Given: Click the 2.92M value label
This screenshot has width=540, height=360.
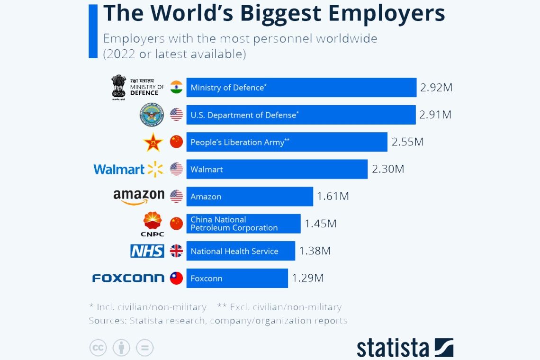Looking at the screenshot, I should [x=436, y=88].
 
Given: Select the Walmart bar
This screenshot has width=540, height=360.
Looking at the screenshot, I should [x=277, y=169].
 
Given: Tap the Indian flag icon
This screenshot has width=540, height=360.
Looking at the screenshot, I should [x=176, y=87].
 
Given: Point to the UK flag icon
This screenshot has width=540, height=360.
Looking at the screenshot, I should [x=176, y=251].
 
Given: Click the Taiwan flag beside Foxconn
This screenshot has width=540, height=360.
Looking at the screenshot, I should [x=176, y=278].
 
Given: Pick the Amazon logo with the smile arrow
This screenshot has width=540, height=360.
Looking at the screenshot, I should [x=138, y=197].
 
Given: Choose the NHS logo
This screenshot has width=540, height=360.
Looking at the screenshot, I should [x=147, y=251].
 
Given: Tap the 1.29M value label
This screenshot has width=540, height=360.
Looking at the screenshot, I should [x=307, y=278].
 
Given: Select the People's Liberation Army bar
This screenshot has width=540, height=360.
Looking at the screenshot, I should [x=287, y=142].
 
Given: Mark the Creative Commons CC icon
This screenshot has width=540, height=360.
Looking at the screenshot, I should [x=98, y=348].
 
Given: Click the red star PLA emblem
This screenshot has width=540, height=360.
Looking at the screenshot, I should [x=153, y=142].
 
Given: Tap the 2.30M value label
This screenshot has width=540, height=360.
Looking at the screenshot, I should [x=388, y=169].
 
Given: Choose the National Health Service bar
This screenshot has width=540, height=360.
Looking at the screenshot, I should [x=241, y=251].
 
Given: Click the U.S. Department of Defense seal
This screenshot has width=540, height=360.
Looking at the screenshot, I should [x=152, y=115].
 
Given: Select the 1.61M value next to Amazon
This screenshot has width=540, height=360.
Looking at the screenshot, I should [x=333, y=197].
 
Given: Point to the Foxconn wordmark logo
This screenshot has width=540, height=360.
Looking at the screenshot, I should [x=128, y=278].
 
